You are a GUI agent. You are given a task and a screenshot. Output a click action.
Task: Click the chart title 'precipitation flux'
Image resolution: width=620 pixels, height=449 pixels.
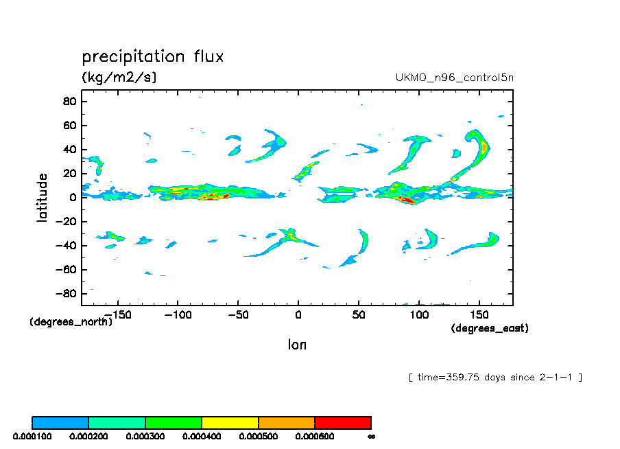[x=153, y=56]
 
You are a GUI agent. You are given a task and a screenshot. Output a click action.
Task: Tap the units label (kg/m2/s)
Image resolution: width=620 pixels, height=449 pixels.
[x=119, y=77]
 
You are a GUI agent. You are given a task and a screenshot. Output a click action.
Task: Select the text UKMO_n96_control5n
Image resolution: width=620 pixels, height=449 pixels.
[x=454, y=78]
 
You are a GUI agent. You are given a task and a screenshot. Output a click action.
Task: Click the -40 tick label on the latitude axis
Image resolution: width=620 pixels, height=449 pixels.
[x=66, y=246]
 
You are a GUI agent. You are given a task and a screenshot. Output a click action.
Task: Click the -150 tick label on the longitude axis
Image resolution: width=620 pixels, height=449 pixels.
[x=117, y=314]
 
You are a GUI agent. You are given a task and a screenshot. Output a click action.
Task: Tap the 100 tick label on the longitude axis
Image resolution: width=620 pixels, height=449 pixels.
[x=418, y=314]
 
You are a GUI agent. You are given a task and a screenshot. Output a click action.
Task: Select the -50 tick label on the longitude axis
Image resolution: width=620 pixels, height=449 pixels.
[x=237, y=314]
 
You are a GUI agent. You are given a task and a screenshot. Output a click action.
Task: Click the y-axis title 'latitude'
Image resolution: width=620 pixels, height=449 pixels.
[x=43, y=197]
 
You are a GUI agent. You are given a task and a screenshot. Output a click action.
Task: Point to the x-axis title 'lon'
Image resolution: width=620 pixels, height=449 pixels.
[x=297, y=345]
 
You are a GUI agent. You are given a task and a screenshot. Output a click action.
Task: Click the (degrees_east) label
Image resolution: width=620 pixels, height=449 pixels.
[x=489, y=329]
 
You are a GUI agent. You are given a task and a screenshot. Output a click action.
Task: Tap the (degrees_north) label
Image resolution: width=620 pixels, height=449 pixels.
[x=71, y=321]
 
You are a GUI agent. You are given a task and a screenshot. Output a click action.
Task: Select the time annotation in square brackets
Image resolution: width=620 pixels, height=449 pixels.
[x=494, y=377]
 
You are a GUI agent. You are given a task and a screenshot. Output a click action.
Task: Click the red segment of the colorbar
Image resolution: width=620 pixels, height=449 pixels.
[x=343, y=422]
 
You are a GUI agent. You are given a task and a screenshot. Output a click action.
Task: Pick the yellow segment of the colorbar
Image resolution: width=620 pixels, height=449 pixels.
[x=230, y=422]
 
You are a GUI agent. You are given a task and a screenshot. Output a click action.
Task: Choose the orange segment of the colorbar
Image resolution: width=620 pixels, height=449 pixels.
[x=287, y=422]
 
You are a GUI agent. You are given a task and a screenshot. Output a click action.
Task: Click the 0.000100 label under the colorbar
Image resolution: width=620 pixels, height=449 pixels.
[x=32, y=436]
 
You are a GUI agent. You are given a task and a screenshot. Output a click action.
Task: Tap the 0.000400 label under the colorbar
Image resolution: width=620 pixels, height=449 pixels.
[x=202, y=436]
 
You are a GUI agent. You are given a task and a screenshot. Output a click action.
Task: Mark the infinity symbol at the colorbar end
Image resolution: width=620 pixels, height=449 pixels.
[x=371, y=436]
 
